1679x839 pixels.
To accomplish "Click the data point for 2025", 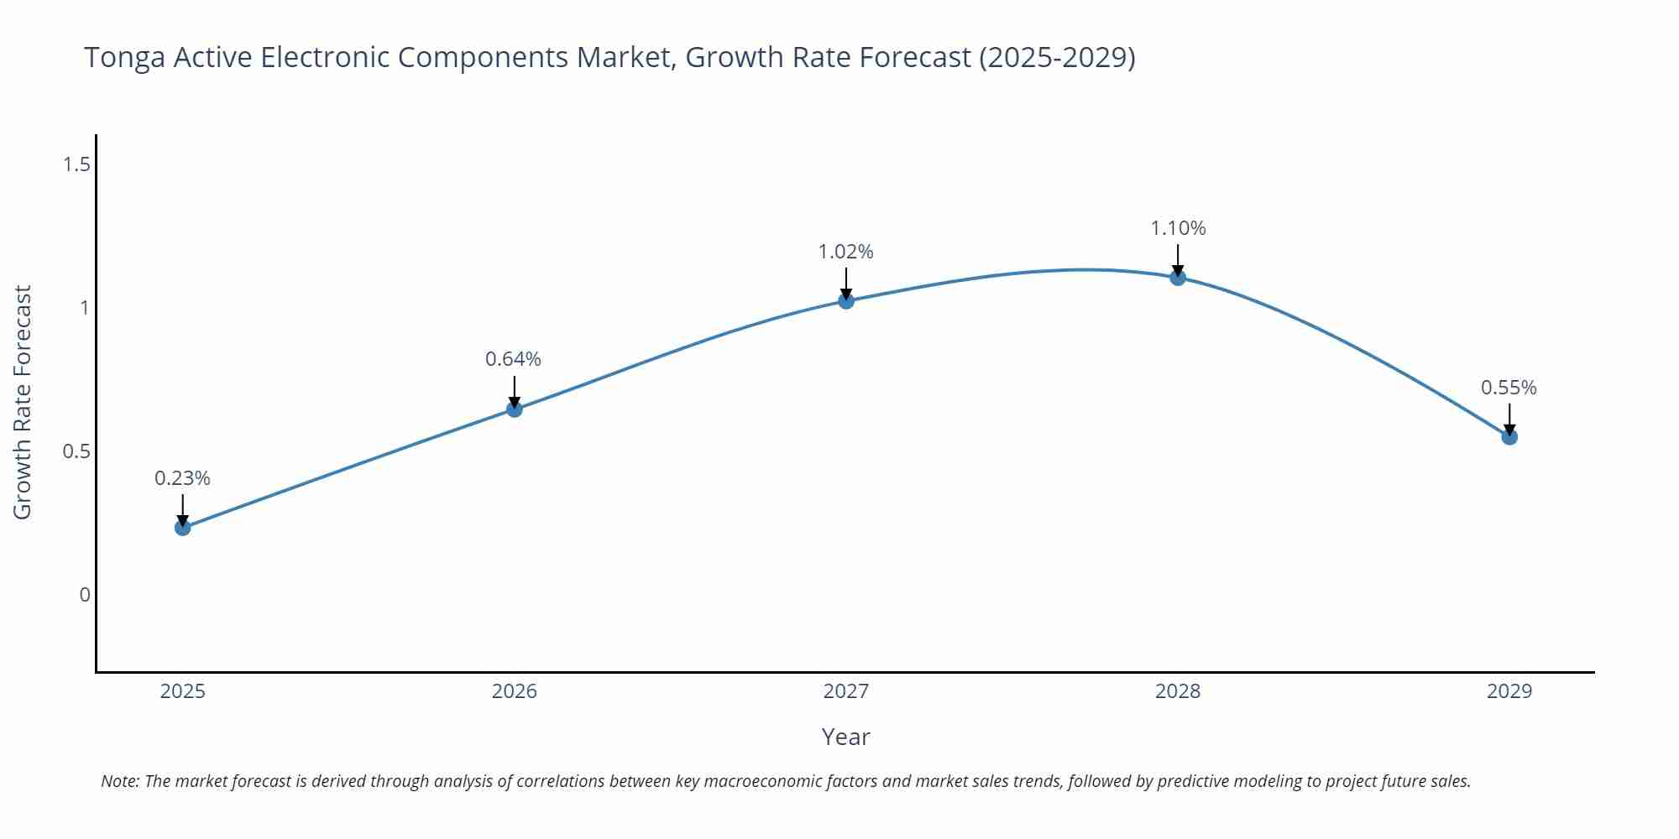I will [x=182, y=528].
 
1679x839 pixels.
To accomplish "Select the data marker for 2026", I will [x=515, y=409].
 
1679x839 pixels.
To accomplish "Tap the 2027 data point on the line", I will [x=846, y=300].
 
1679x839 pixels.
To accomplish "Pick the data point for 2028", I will [x=1178, y=278].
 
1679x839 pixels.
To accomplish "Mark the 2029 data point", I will [x=1509, y=437].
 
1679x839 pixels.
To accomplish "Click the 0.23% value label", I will [x=182, y=478].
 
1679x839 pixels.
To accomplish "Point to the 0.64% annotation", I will [x=513, y=359].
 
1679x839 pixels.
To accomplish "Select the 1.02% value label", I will [x=845, y=252].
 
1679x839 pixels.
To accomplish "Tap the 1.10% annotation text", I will [x=1178, y=228].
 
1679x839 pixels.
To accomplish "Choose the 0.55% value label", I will [x=1509, y=388].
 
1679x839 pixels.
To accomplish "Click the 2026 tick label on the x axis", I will [x=514, y=691].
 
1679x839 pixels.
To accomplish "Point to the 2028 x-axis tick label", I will [x=1178, y=691].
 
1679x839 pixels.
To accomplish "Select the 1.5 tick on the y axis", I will [x=77, y=164].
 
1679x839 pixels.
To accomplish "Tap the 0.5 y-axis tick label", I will [x=77, y=451].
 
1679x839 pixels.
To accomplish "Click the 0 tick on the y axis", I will [x=85, y=595].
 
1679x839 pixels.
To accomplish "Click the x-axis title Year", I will [x=845, y=737].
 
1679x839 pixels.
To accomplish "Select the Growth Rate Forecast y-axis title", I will [x=23, y=402].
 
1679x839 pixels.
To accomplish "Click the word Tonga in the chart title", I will [x=125, y=58].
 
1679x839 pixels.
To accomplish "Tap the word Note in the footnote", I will [x=119, y=781].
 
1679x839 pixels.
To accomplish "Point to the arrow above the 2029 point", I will [x=1509, y=418].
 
